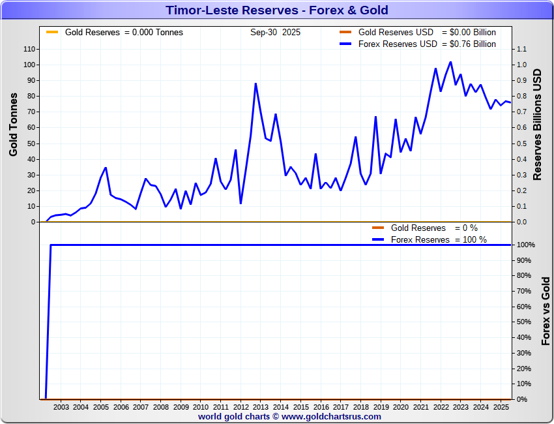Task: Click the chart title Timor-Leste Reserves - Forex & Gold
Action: [x=276, y=10]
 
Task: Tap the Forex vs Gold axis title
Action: [x=546, y=310]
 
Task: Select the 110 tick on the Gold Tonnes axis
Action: [x=29, y=49]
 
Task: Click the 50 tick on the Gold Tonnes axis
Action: [x=31, y=144]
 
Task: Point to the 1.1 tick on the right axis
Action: [x=521, y=49]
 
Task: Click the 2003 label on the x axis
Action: [x=61, y=408]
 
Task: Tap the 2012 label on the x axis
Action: [x=241, y=408]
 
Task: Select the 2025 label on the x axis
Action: [x=501, y=408]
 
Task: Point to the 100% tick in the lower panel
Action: [x=527, y=245]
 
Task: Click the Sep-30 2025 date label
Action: [x=275, y=32]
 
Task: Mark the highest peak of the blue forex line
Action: [x=450, y=62]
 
